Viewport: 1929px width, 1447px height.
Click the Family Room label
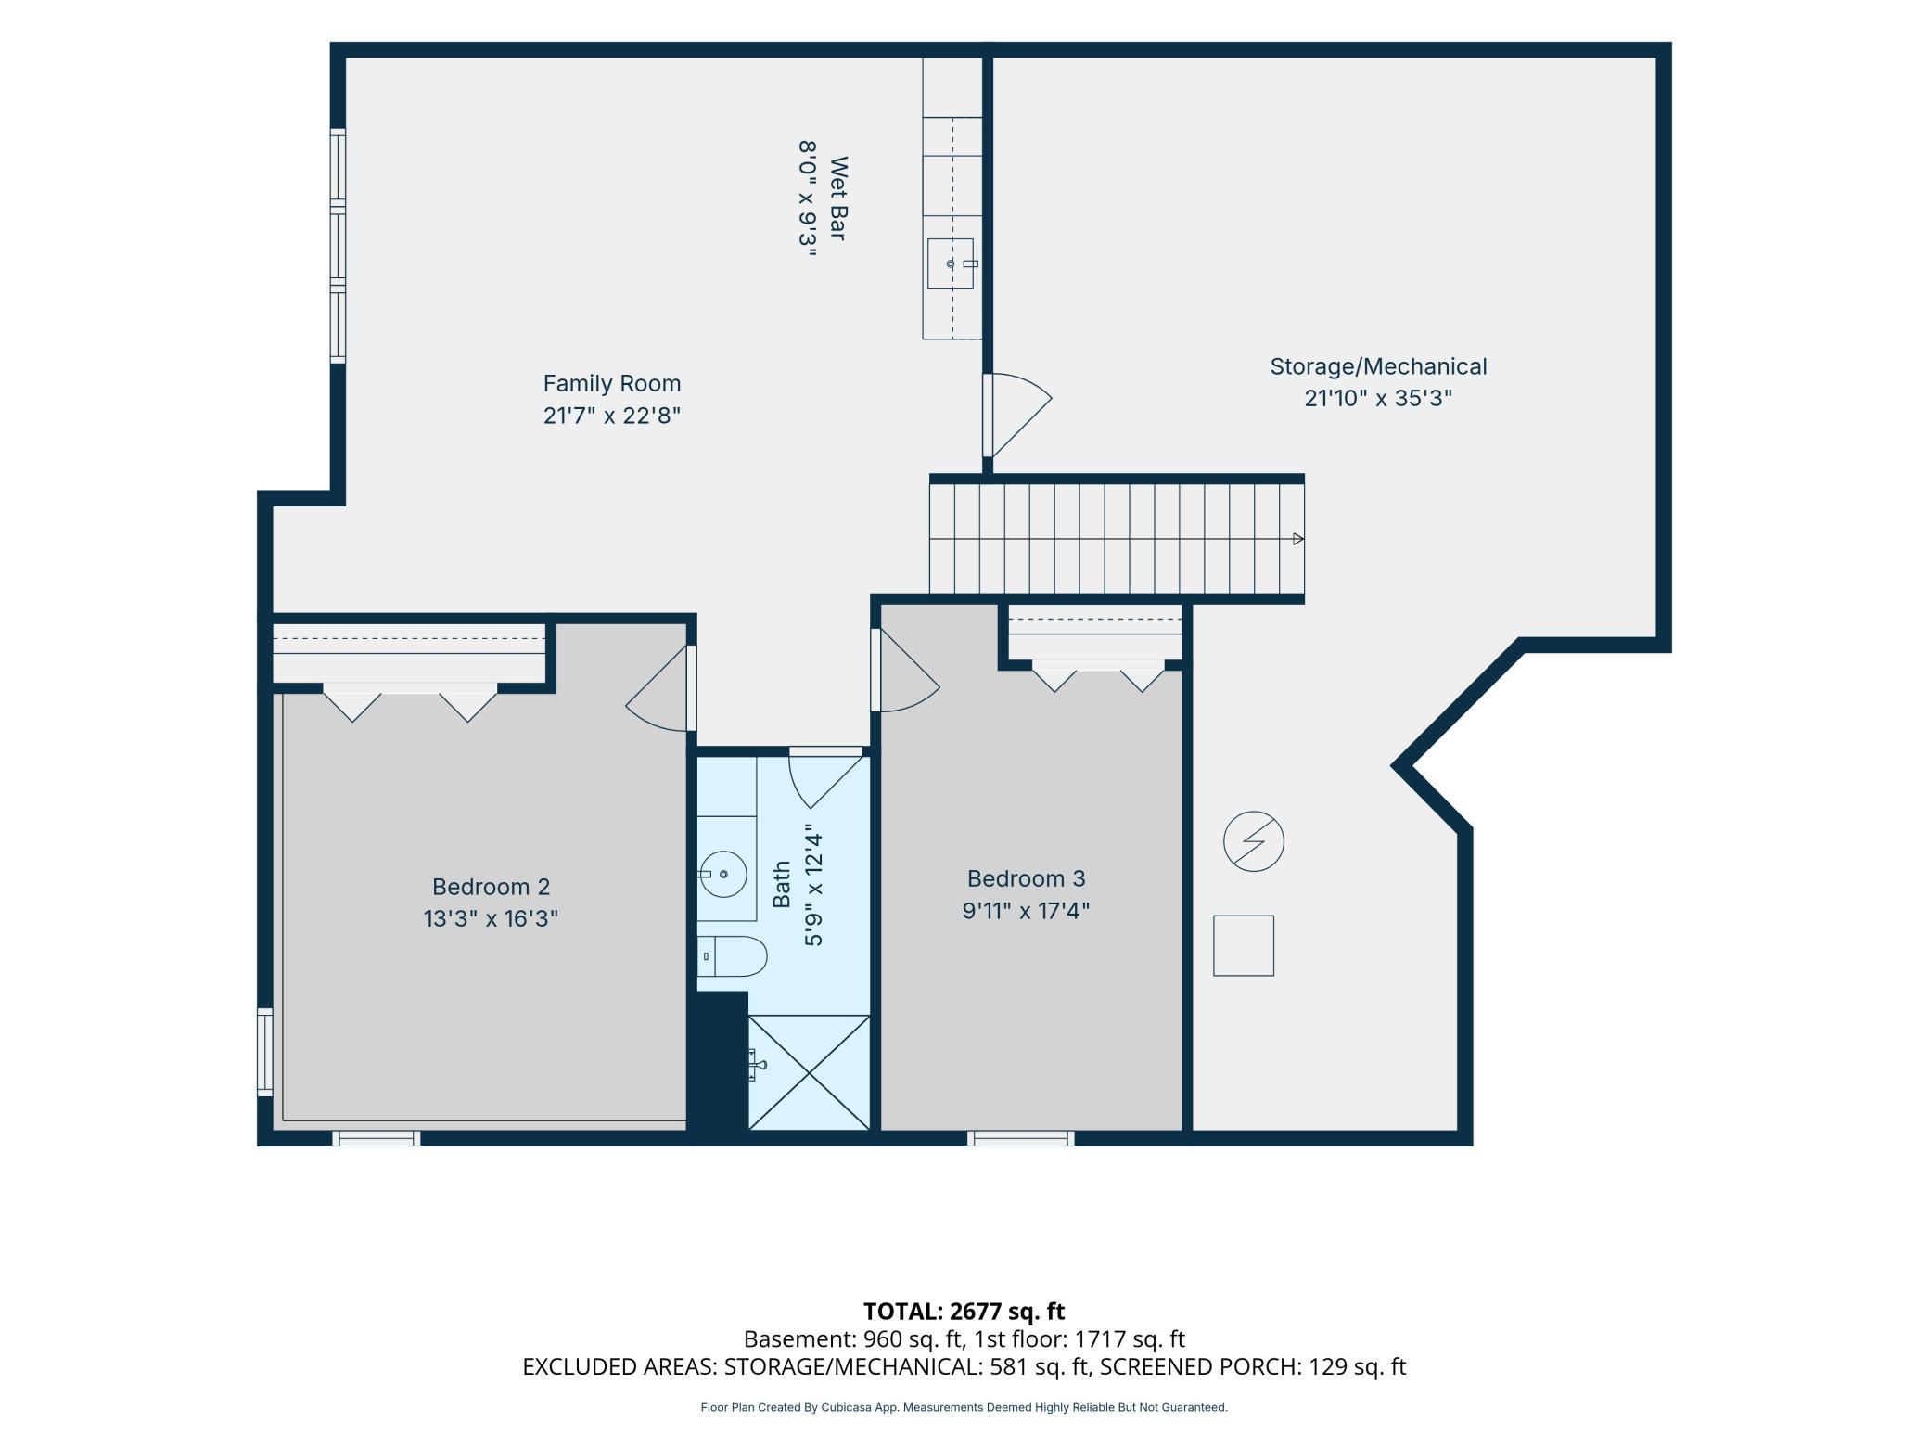(x=612, y=383)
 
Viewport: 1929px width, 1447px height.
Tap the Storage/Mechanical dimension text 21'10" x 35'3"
(x=1378, y=398)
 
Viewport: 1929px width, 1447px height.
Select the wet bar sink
(x=952, y=263)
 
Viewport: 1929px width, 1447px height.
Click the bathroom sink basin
(x=723, y=874)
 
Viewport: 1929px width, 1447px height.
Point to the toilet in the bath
(x=733, y=956)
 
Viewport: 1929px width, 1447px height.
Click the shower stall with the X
(x=809, y=1073)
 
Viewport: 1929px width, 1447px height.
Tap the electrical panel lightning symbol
(x=1254, y=842)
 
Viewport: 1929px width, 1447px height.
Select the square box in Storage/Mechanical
(x=1244, y=945)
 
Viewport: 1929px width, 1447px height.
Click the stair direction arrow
(x=1298, y=539)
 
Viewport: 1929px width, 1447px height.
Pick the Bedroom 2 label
(x=492, y=887)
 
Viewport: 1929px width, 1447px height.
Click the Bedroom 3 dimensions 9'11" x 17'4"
(x=1026, y=910)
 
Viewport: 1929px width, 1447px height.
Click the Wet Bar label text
(x=838, y=198)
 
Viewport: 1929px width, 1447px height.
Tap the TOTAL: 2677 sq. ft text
(x=964, y=1311)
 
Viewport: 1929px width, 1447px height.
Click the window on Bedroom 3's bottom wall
(x=1020, y=1138)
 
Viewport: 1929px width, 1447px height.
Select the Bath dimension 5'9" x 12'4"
(x=813, y=886)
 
